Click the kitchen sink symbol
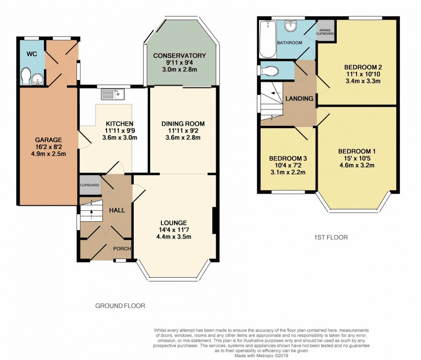113,94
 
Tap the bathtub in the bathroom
268,39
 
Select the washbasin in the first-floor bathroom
290,26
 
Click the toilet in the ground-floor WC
26,76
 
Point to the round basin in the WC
37,79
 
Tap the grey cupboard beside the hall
90,185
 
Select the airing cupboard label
325,32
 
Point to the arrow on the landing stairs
276,93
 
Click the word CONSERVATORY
179,56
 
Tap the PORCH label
122,249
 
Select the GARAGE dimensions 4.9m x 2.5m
49,154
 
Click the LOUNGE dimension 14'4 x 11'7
174,230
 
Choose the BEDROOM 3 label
288,158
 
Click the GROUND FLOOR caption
120,306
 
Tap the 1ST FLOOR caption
331,237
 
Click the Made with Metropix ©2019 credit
261,356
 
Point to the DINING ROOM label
183,124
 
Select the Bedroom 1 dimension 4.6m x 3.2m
357,165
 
